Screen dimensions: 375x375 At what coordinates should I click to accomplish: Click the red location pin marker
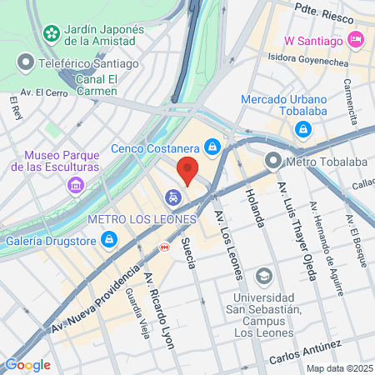click(x=188, y=170)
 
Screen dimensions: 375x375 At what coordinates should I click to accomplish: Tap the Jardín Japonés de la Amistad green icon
click(x=52, y=32)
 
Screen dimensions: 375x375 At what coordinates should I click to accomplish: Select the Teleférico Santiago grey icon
click(x=26, y=62)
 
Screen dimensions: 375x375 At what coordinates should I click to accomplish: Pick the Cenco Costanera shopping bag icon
click(x=213, y=147)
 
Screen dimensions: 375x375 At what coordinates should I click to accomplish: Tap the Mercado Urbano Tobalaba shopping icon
click(x=302, y=129)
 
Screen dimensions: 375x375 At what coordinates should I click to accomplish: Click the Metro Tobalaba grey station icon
click(x=272, y=160)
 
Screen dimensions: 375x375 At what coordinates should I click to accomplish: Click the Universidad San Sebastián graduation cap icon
click(x=263, y=275)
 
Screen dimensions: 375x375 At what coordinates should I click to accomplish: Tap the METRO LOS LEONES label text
click(x=142, y=219)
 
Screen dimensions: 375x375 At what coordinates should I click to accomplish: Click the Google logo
click(x=27, y=364)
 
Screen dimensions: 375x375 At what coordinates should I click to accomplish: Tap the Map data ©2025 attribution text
click(x=338, y=368)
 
